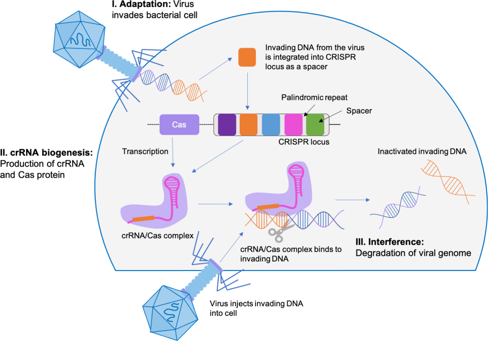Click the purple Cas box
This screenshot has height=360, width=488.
(179, 125)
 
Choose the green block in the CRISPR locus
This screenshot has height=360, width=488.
(315, 125)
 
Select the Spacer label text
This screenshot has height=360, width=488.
(359, 110)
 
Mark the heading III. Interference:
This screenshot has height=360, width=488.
(389, 242)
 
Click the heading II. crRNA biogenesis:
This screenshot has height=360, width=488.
(48, 154)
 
